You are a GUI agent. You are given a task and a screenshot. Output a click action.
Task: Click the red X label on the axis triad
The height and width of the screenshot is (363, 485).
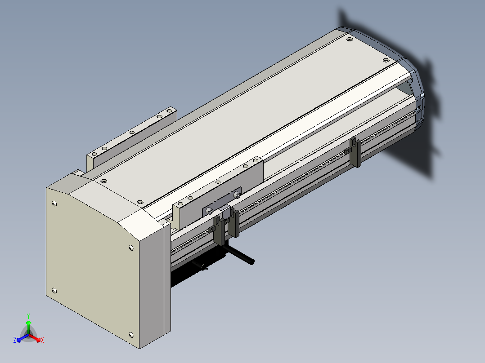42,340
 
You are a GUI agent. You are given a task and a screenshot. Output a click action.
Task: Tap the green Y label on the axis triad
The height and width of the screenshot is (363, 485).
28,316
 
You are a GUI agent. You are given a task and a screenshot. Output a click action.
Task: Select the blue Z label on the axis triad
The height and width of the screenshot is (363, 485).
15,340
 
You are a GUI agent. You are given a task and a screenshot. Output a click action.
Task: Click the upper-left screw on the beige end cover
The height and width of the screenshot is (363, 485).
54,204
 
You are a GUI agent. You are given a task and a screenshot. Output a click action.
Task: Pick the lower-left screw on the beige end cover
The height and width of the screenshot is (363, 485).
54,291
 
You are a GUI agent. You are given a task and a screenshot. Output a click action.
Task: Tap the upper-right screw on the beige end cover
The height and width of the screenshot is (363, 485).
131,248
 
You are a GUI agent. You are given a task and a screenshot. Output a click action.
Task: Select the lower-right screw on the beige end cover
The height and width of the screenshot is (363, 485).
131,335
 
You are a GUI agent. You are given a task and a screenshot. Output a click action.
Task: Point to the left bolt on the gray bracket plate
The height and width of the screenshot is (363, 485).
211,211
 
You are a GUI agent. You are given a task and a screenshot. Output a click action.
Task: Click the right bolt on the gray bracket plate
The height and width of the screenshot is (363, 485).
237,195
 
